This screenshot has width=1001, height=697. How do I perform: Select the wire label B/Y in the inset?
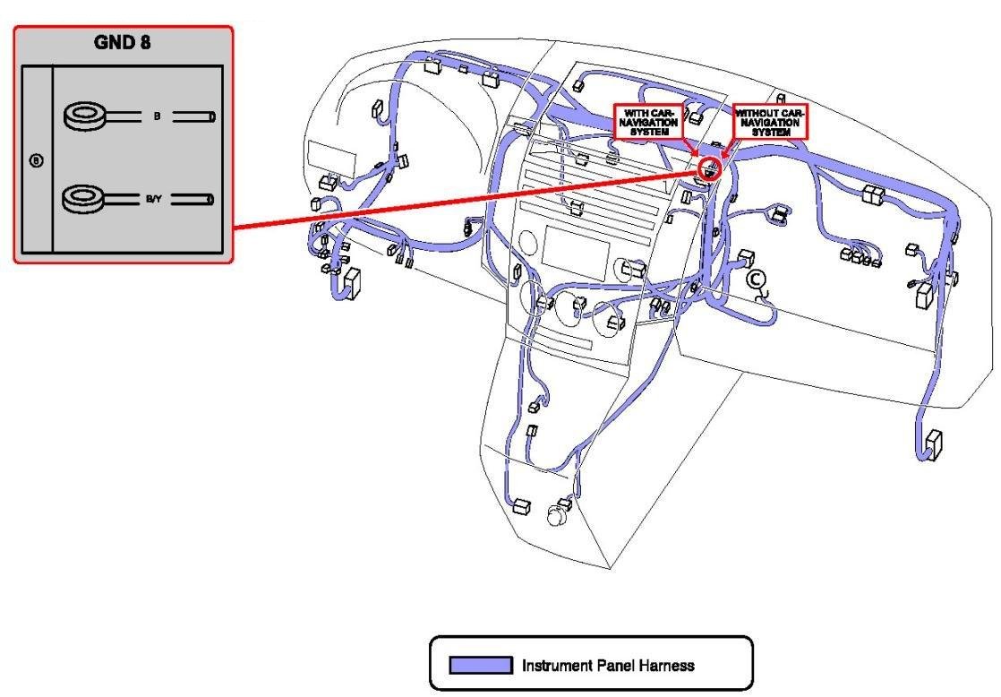(155, 199)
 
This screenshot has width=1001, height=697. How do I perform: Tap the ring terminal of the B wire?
(86, 116)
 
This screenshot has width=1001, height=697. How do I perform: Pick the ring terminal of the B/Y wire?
(86, 198)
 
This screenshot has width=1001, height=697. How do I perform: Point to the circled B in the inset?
(37, 161)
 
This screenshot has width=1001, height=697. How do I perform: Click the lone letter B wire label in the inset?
(157, 116)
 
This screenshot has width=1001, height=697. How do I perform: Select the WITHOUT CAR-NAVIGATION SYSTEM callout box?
(770, 121)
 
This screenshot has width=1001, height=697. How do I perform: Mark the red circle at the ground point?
(709, 168)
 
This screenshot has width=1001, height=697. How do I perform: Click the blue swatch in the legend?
(481, 666)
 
